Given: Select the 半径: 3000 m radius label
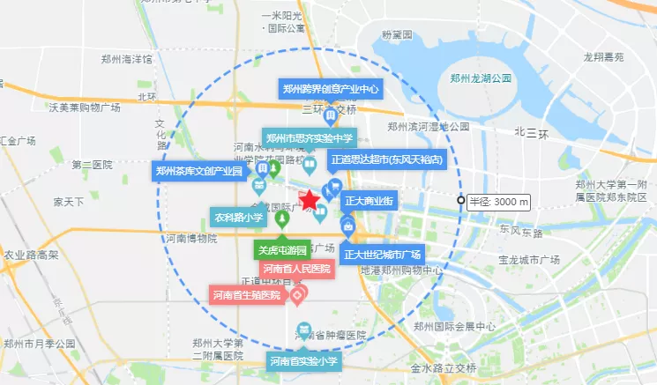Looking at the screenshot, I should tap(498, 202).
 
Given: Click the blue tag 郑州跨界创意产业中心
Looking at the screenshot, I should tap(331, 89).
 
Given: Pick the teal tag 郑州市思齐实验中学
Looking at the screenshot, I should tap(309, 137).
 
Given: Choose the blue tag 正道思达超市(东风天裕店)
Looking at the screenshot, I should tap(386, 160).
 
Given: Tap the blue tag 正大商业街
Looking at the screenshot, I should tap(369, 201).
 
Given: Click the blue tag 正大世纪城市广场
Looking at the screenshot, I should tap(384, 255).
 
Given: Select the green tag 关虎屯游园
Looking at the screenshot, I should tap(282, 248).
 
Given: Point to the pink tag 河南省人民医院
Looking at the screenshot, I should tap(296, 268).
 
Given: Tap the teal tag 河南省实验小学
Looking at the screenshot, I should tap(303, 361).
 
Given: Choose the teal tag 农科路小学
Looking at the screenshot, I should tap(238, 216).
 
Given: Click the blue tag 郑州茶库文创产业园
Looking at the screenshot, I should tap(199, 171).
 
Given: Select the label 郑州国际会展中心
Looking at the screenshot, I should tap(465, 327).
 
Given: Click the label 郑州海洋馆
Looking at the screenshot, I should tap(126, 59).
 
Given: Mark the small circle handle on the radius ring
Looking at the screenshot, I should tap(460, 201).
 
